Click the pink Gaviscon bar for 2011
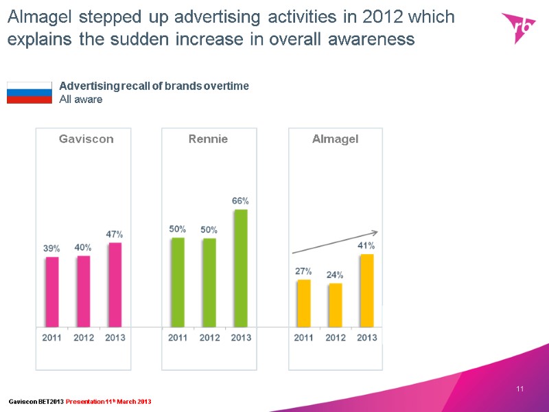(x=52, y=292)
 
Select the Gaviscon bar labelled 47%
(x=115, y=284)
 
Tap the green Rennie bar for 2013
(x=240, y=268)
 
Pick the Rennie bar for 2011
(x=178, y=282)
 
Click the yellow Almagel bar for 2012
(x=335, y=305)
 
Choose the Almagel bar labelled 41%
(x=367, y=290)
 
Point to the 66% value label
(x=240, y=201)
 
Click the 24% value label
(x=335, y=275)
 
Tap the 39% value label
(x=52, y=249)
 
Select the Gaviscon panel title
(x=86, y=139)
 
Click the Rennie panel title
(x=208, y=139)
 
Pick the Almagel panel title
(x=335, y=139)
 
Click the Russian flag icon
(x=29, y=92)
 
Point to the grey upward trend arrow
(x=336, y=242)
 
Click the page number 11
(x=519, y=390)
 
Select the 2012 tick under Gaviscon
(x=84, y=337)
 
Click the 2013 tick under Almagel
(x=367, y=337)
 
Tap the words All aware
(x=80, y=100)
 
